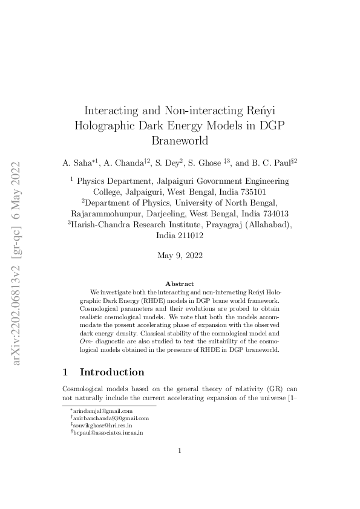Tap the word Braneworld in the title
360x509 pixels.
[x=180, y=141]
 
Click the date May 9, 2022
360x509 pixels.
[x=180, y=255]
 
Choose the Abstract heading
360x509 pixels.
[x=180, y=284]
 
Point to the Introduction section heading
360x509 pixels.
[x=112, y=372]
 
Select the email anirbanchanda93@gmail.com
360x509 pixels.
[x=111, y=418]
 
